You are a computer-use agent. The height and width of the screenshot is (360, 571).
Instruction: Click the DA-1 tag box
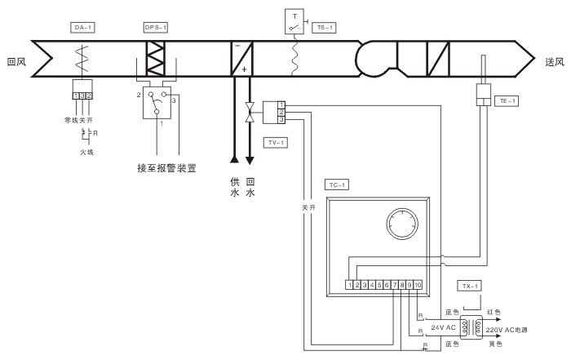click(x=80, y=28)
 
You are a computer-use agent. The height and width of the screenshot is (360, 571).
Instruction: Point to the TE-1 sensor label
click(x=507, y=100)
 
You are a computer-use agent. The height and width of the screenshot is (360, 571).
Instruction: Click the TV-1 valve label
click(x=276, y=142)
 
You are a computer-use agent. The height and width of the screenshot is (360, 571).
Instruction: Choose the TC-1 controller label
click(x=336, y=185)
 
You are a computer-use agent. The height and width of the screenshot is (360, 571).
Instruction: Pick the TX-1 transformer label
click(x=468, y=286)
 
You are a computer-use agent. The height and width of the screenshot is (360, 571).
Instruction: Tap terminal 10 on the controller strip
click(x=417, y=284)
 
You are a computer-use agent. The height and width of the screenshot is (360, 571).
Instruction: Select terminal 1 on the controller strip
click(x=349, y=284)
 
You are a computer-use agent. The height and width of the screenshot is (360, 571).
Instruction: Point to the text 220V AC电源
click(x=509, y=330)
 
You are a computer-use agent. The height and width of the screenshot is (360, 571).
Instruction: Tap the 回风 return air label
click(x=16, y=60)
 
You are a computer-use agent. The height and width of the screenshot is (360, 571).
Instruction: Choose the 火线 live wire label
click(x=88, y=151)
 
